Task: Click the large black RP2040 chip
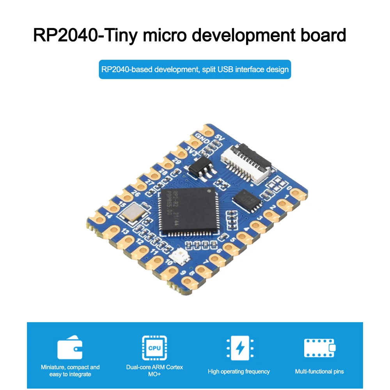point(187,211)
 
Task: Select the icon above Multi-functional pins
point(319,348)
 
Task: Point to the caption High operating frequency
point(238,371)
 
